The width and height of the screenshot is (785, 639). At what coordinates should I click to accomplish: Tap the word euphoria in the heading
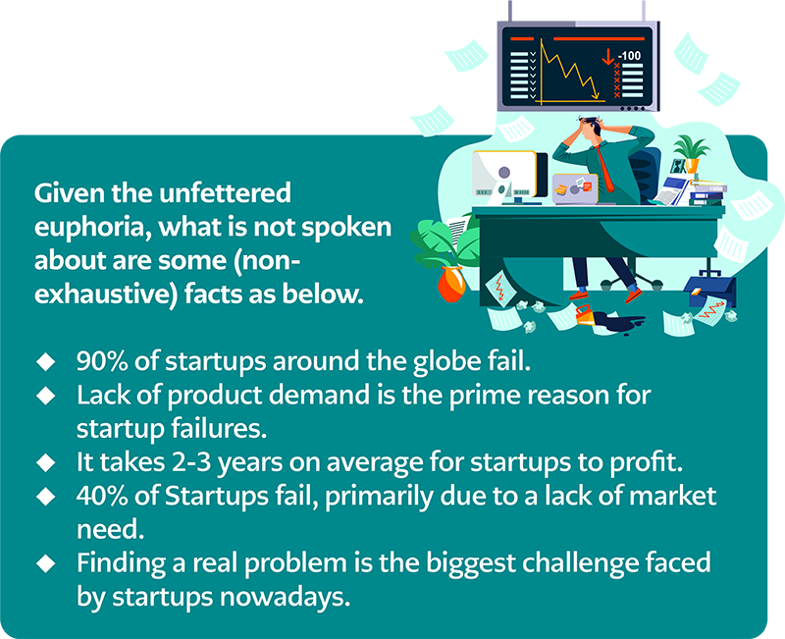(x=91, y=228)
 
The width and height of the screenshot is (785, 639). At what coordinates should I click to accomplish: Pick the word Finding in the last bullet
(x=121, y=563)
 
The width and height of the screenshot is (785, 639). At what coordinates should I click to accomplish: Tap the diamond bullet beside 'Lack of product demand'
(x=46, y=396)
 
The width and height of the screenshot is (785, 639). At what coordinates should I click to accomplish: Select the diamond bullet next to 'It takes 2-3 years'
(x=46, y=462)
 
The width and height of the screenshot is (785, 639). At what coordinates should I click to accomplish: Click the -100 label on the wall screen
(x=629, y=56)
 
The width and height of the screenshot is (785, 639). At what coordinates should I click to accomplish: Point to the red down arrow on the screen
(x=607, y=57)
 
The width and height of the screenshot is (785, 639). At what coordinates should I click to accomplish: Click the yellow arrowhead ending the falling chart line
(x=596, y=94)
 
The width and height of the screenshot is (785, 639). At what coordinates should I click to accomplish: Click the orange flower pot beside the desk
(x=451, y=284)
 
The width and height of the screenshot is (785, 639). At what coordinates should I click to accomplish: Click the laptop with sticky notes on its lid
(x=575, y=188)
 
